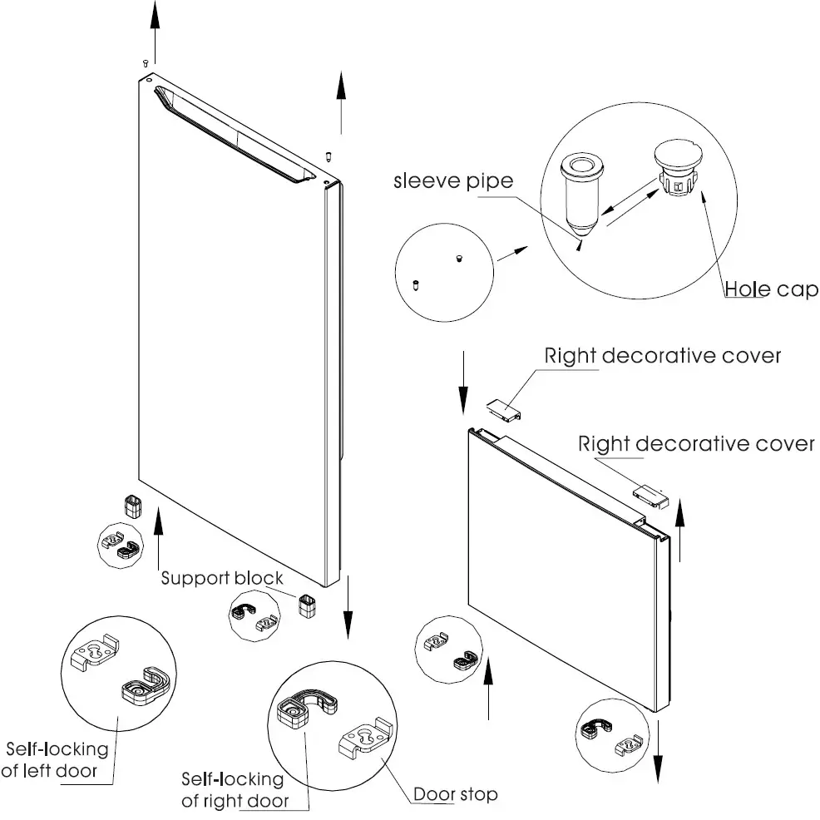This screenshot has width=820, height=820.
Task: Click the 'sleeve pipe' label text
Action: pos(453,181)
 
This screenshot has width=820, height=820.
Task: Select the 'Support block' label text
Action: pos(222,578)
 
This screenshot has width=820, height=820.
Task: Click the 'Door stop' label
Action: pos(456,794)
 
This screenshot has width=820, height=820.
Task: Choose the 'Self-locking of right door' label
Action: pos(234,790)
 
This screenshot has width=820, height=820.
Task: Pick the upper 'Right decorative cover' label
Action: pos(663,356)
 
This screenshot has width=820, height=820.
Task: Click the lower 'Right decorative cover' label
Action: pos(696,443)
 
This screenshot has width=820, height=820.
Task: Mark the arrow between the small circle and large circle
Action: pos(513,253)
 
